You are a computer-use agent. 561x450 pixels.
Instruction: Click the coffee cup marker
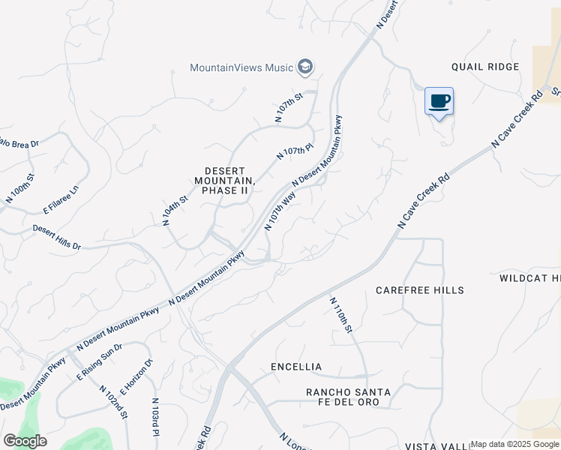coord(439,101)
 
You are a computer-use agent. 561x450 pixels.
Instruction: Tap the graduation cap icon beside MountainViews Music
coord(304,67)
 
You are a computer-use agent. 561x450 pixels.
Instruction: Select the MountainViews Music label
coord(241,67)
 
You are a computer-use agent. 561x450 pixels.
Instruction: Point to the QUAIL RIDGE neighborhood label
coord(485,67)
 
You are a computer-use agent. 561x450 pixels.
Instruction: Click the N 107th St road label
coord(288,107)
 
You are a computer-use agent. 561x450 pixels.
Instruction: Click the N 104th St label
coord(175,211)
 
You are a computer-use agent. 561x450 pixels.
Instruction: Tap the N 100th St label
coord(20,187)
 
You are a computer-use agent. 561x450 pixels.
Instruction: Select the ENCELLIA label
coord(296,367)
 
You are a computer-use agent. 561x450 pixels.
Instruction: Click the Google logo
coord(25,441)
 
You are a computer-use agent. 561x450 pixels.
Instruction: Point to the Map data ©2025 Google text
coord(514,444)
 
